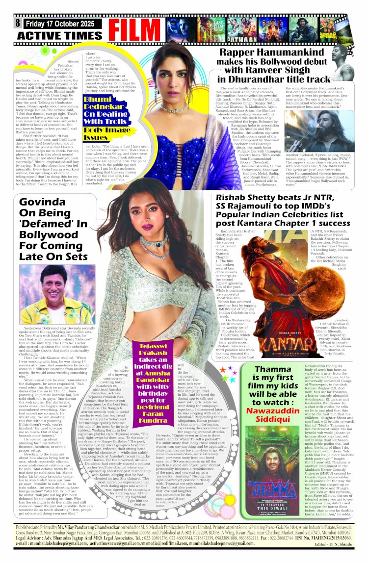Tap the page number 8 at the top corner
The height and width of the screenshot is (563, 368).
[18, 23]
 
